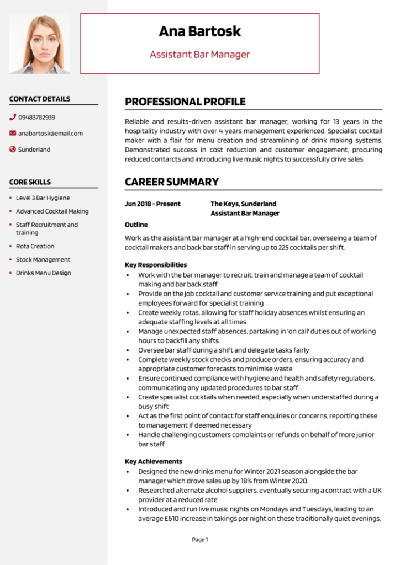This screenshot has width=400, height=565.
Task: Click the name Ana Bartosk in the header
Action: (x=199, y=31)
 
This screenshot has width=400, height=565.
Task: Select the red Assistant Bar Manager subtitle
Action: (x=199, y=54)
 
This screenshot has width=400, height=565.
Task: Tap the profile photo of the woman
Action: (x=40, y=44)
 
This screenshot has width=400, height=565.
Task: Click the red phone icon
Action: (x=13, y=117)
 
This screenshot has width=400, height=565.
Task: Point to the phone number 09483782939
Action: (x=36, y=117)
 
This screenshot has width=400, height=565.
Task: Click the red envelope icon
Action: (x=13, y=133)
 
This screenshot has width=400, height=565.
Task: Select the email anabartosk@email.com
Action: (x=50, y=133)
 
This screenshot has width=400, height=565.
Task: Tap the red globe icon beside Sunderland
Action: (x=13, y=150)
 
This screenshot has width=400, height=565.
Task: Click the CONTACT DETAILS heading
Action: (x=40, y=99)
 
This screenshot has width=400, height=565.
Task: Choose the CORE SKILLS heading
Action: (x=30, y=182)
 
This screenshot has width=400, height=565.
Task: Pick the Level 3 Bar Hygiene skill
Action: (x=43, y=198)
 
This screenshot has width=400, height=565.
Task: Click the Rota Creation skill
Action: (x=35, y=246)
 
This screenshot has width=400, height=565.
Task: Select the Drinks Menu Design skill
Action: (x=43, y=273)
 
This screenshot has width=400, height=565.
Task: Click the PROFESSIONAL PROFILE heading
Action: (x=185, y=102)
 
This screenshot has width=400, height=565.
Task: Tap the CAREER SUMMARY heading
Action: (x=172, y=182)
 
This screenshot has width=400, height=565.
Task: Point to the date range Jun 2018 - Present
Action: (x=152, y=204)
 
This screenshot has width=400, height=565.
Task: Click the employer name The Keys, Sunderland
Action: (x=244, y=204)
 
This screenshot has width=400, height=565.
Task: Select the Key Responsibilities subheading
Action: (x=156, y=265)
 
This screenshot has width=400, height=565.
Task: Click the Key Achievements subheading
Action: (x=154, y=461)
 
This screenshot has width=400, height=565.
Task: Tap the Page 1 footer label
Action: (x=200, y=539)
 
